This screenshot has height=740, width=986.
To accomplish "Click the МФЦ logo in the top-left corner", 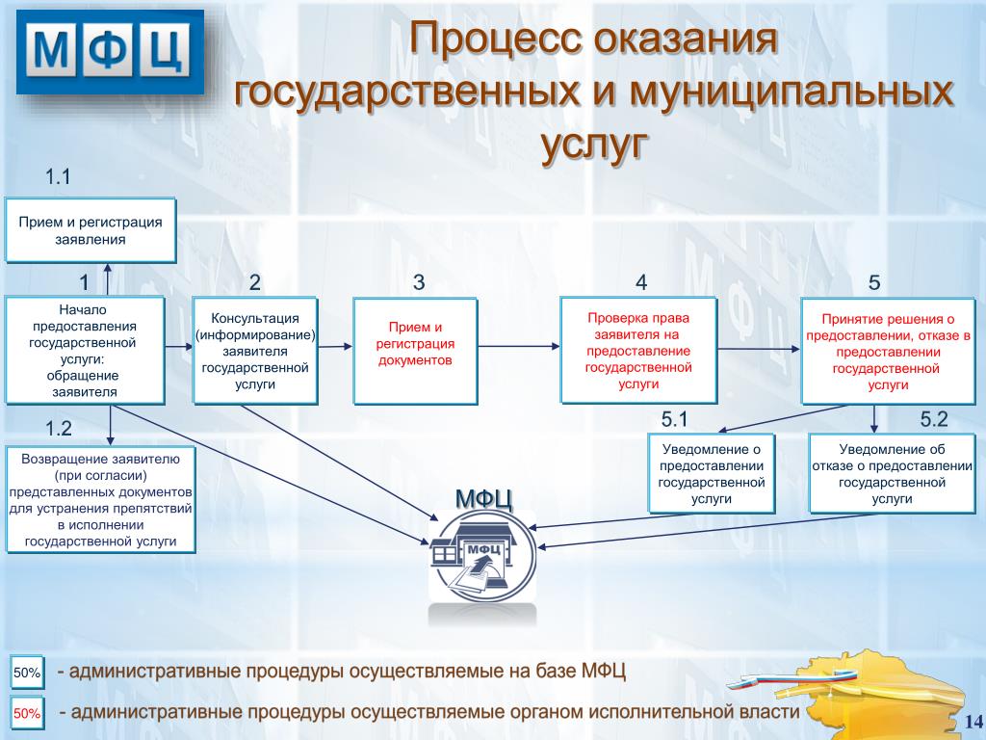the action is coord(111,52).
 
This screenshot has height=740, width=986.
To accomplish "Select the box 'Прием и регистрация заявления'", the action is coord(91,230).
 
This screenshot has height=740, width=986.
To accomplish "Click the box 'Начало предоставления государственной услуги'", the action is coord(85,351).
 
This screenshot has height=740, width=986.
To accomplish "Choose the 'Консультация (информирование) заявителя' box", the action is coord(255,351).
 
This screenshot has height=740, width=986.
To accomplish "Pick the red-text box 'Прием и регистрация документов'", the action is coord(415,351).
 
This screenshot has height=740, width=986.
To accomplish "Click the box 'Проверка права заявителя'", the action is coord(638,351).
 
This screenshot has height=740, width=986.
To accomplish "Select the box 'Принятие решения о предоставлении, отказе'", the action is coord(888,351).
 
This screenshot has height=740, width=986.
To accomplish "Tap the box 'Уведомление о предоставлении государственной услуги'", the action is coord(712,474).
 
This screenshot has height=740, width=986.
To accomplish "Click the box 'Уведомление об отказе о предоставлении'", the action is coord(892,474).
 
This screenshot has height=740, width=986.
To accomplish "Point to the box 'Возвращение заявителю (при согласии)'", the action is coord(100,500).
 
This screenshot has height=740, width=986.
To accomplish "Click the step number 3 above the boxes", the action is coord(419,282).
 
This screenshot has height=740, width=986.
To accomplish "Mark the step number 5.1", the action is coord(674,419).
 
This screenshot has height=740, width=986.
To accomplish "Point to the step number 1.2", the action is coord(59,429).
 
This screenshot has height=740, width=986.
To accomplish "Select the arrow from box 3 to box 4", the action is coord(519,346).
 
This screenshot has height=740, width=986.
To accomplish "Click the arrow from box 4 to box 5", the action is coord(759,349).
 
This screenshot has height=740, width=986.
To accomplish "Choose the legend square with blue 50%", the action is coord(27,673).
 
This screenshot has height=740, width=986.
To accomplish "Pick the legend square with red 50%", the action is coord(27,714).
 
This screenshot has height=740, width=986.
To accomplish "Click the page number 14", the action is coord(973,721).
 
